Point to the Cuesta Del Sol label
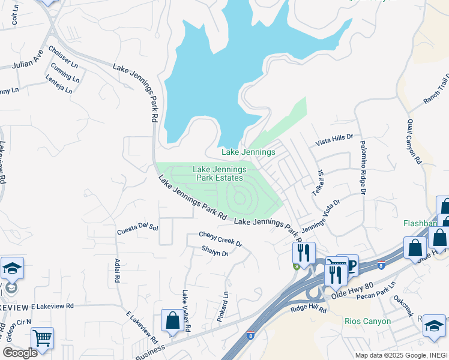tap(137, 229)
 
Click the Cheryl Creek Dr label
tap(221, 239)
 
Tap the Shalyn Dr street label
tap(215, 253)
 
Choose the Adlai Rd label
tap(117, 271)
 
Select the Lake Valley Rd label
tap(186, 311)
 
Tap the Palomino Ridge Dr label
tap(363, 167)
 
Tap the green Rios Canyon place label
tap(367, 321)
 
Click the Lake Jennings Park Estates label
tap(217, 173)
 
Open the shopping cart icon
tap(42, 340)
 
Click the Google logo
tap(20, 352)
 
